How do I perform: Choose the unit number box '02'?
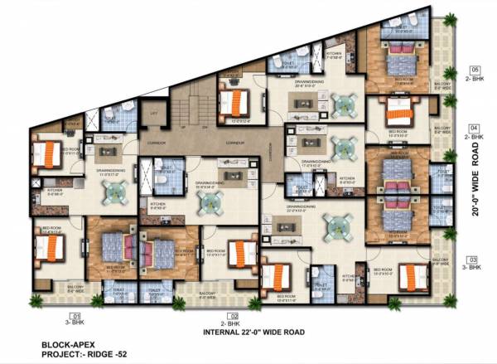234,316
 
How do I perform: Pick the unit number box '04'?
475,126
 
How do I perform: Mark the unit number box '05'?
475,69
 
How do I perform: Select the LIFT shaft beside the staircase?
152,116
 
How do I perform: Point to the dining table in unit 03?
335,226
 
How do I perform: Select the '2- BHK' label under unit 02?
234,324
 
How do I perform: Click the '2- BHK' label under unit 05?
475,78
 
